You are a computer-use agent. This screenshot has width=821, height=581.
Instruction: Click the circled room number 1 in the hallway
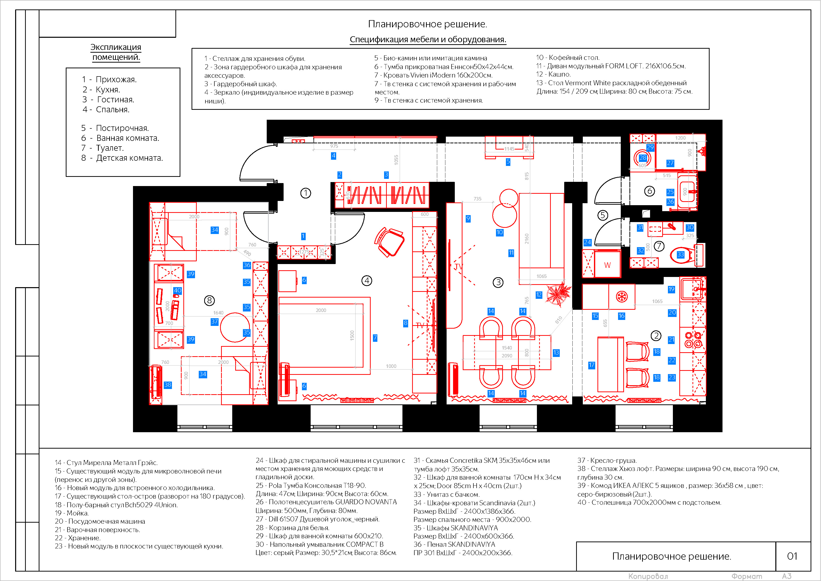305,193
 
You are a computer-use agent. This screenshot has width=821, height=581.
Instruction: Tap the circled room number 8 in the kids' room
209,301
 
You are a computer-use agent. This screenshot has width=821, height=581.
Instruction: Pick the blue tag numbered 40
177,290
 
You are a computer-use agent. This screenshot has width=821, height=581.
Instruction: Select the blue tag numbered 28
643,157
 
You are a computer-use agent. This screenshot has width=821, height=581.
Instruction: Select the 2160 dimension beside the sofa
526,238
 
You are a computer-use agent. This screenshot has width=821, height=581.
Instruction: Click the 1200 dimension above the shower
680,138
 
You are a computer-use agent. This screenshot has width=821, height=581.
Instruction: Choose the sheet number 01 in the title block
792,556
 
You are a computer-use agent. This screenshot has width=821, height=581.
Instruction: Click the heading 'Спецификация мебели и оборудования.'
428,39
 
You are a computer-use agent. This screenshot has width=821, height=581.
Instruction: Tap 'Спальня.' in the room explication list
113,110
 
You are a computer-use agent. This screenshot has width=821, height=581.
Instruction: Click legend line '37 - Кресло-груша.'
607,460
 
